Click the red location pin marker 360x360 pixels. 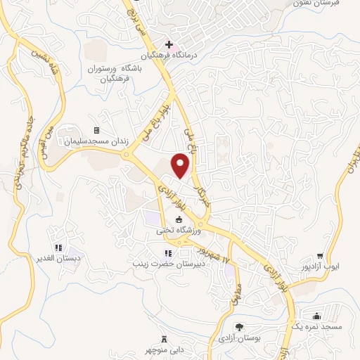[181, 165]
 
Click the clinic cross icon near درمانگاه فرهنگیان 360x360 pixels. [169, 44]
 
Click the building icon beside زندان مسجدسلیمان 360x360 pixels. [96, 130]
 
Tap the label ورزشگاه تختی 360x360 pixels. [179, 230]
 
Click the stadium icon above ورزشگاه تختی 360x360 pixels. [178, 220]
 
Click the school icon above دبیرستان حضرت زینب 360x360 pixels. [167, 253]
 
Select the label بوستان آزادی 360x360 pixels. [239, 338]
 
